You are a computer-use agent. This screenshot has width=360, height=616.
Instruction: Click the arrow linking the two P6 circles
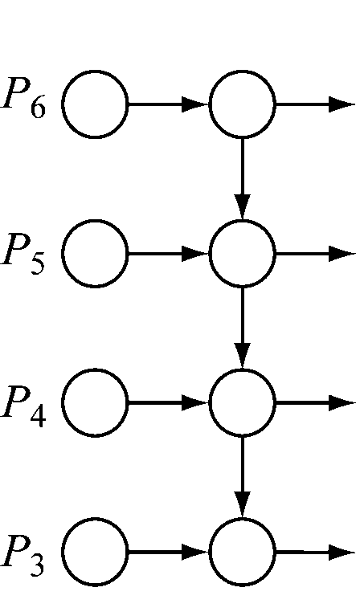pyautogui.click(x=169, y=104)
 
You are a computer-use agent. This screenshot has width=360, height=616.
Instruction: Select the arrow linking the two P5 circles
pyautogui.click(x=169, y=254)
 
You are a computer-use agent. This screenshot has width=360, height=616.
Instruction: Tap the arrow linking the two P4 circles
pyautogui.click(x=169, y=402)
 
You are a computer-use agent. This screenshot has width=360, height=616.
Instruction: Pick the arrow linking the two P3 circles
pyautogui.click(x=169, y=552)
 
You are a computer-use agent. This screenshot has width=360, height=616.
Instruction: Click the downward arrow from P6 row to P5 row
pyautogui.click(x=242, y=179)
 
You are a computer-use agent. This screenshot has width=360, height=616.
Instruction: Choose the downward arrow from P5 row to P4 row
pyautogui.click(x=242, y=328)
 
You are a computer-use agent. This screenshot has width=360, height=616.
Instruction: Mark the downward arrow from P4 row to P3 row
pyautogui.click(x=242, y=477)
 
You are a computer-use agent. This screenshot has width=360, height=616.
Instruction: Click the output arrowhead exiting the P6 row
pyautogui.click(x=342, y=104)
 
